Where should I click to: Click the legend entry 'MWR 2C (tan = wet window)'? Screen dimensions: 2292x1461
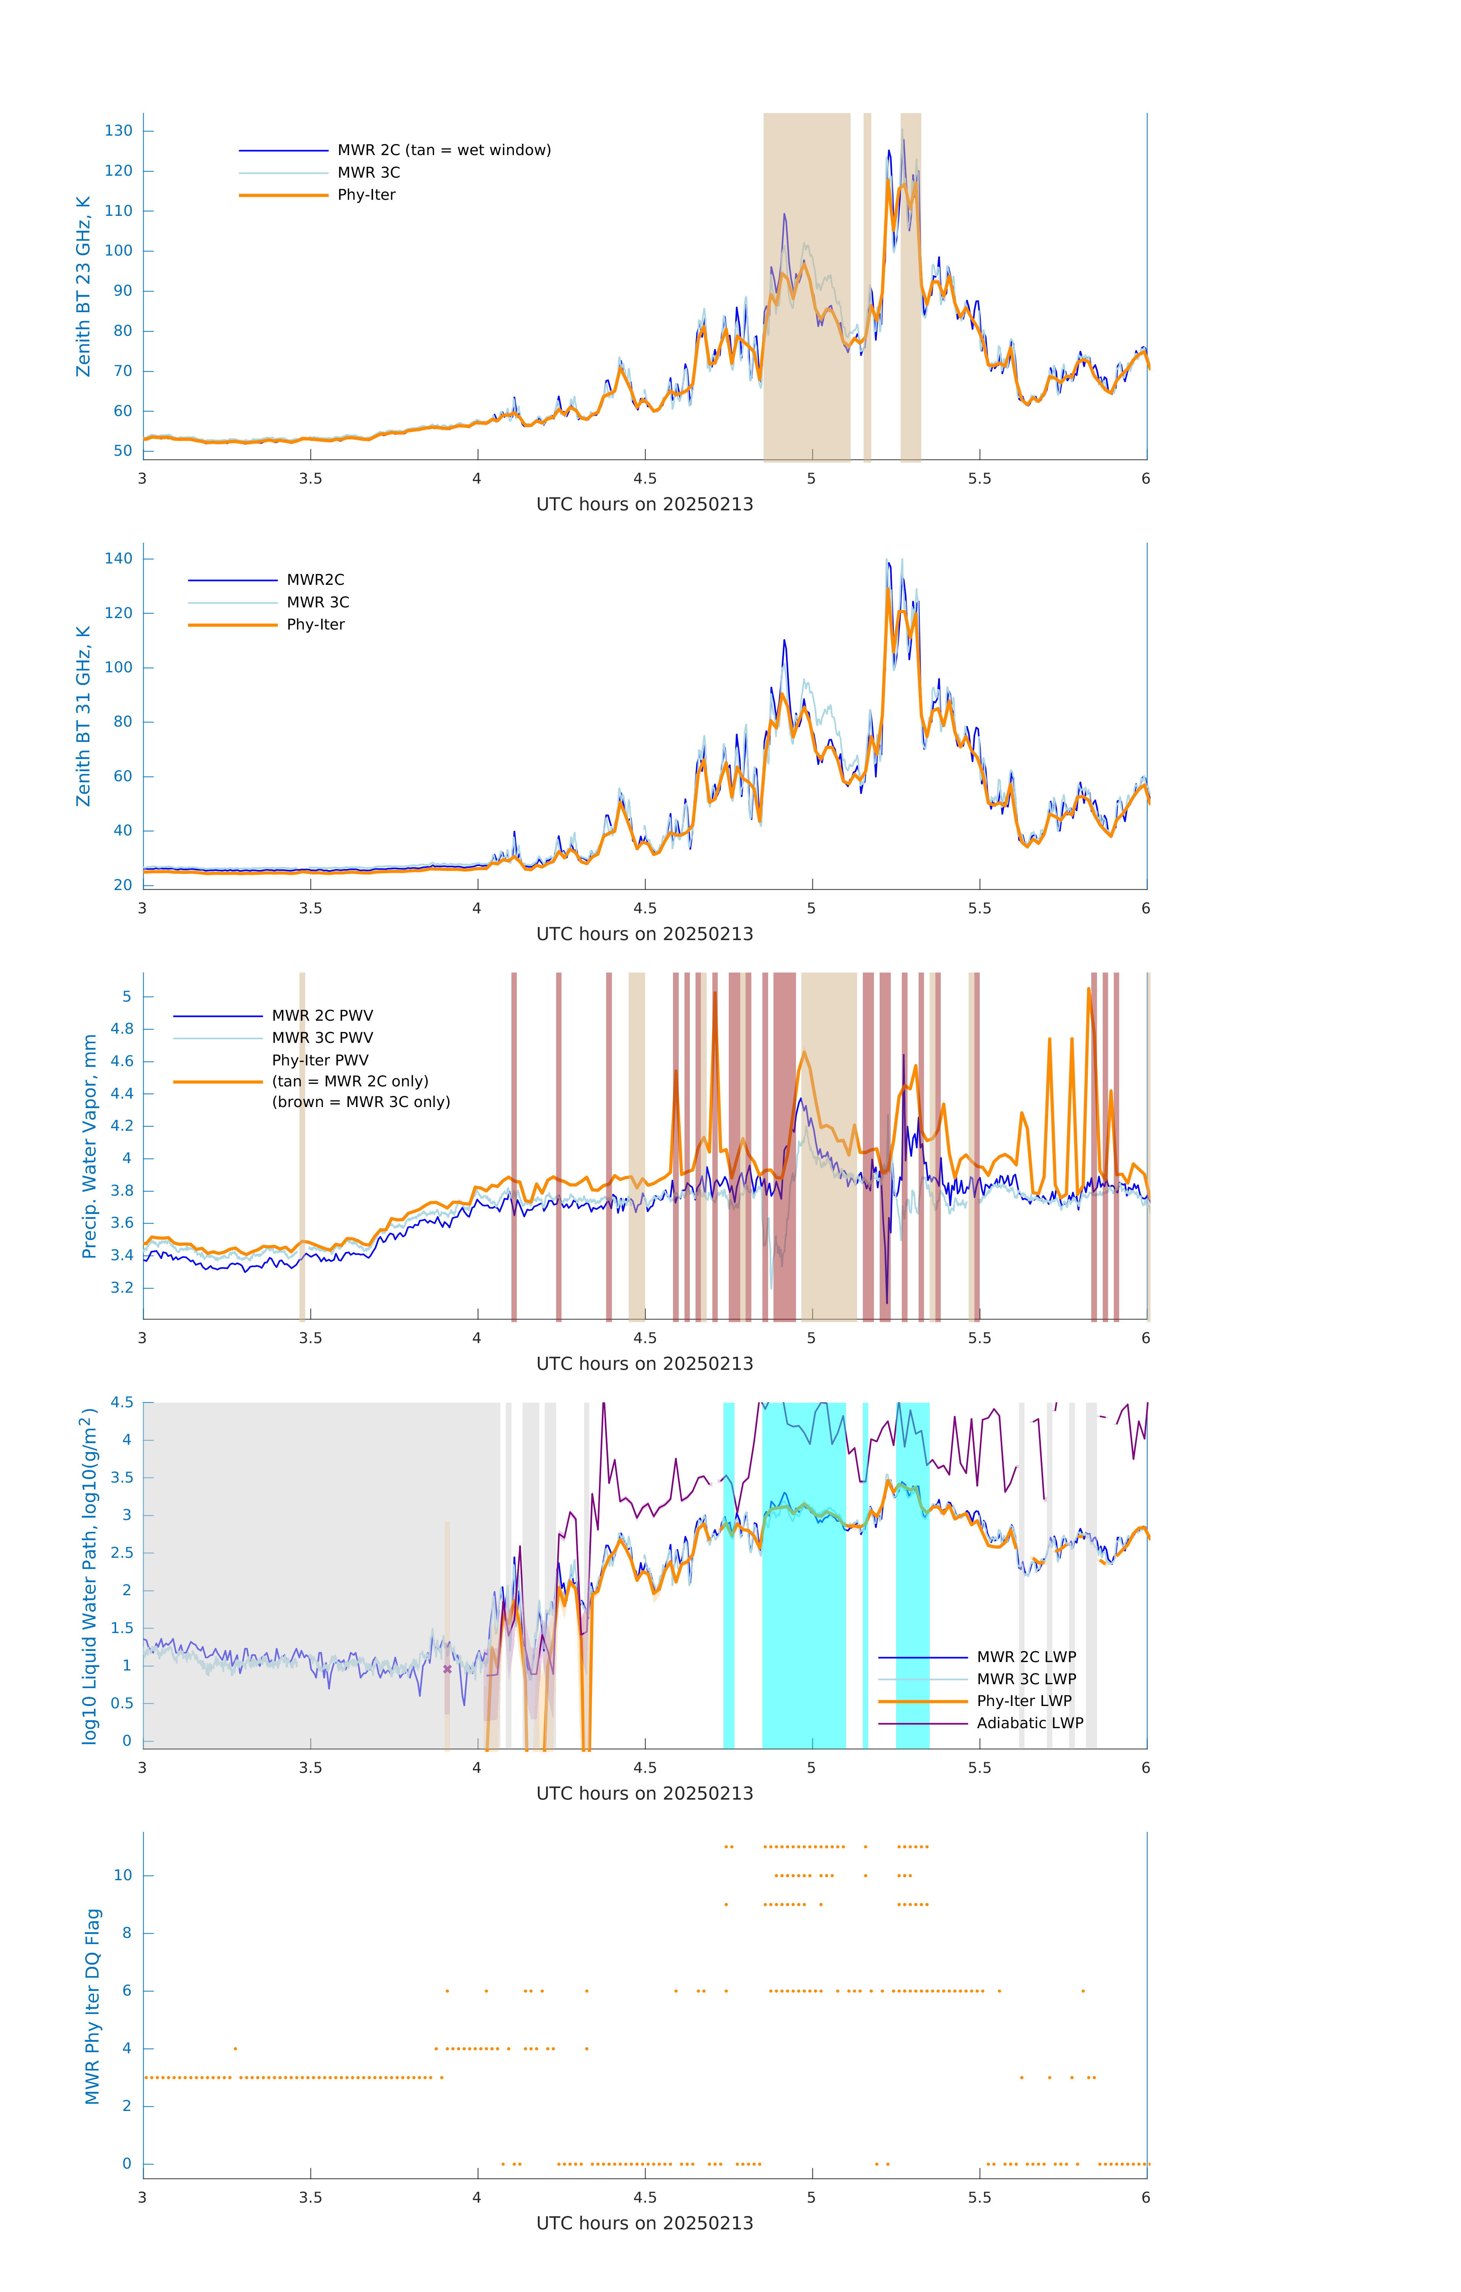443,151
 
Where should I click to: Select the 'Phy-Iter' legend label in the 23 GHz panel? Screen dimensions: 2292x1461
366,195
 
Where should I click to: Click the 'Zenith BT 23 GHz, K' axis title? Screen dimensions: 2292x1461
84,286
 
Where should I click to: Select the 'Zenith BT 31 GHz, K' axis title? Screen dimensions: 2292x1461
84,716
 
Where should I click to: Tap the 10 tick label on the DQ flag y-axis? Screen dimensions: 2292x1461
123,1875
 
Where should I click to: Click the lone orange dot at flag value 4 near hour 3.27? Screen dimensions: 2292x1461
235,2048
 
